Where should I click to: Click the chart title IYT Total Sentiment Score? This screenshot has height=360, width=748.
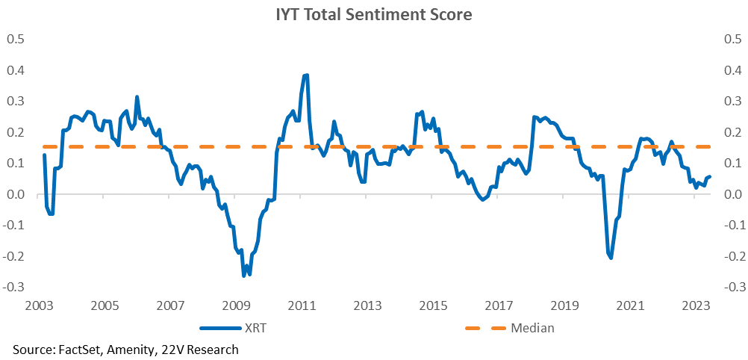(373, 14)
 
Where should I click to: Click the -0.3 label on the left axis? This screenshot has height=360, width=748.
(14, 287)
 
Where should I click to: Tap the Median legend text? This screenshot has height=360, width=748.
(532, 328)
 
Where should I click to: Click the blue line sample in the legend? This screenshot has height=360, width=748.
(220, 328)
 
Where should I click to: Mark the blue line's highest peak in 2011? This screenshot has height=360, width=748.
(307, 75)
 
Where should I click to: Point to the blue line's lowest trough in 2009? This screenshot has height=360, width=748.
(244, 276)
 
